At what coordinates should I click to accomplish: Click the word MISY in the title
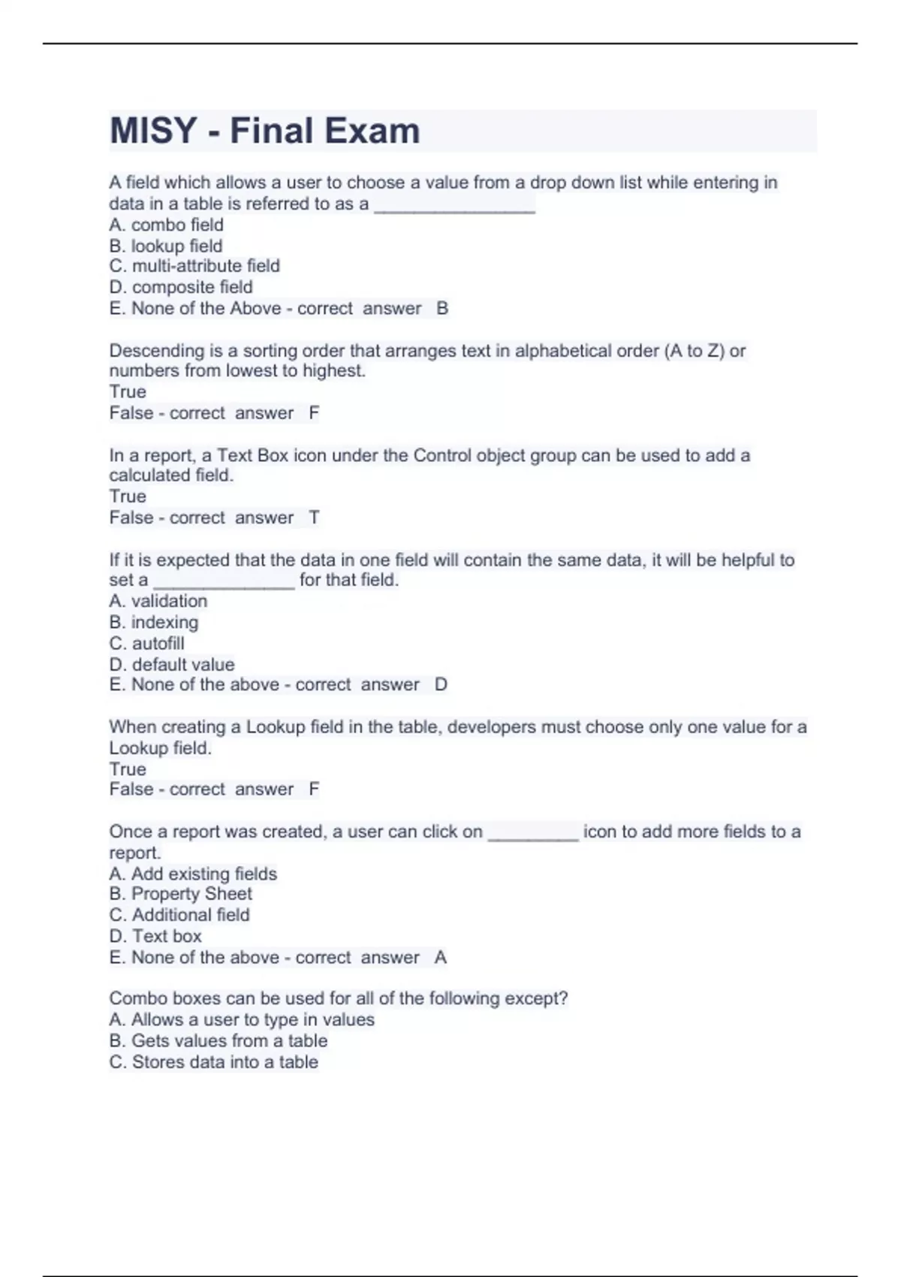pyautogui.click(x=153, y=131)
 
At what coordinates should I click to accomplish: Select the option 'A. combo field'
pyautogui.click(x=166, y=225)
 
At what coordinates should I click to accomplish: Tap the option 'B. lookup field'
pyautogui.click(x=165, y=246)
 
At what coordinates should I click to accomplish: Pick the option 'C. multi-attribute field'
pyautogui.click(x=194, y=266)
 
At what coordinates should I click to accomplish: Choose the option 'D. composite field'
pyautogui.click(x=180, y=287)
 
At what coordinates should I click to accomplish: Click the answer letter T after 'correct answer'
pyautogui.click(x=314, y=518)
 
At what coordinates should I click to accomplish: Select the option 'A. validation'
pyautogui.click(x=158, y=601)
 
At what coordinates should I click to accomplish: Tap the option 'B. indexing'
pyautogui.click(x=153, y=622)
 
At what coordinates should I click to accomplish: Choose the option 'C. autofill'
pyautogui.click(x=146, y=643)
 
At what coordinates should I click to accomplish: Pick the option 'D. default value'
pyautogui.click(x=171, y=664)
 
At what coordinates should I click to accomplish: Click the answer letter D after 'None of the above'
pyautogui.click(x=441, y=684)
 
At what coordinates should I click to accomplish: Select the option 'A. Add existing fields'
pyautogui.click(x=192, y=874)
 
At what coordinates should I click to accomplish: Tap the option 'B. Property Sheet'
pyautogui.click(x=180, y=894)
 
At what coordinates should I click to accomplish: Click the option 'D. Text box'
pyautogui.click(x=155, y=936)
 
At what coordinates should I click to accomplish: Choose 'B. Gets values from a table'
pyautogui.click(x=218, y=1040)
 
